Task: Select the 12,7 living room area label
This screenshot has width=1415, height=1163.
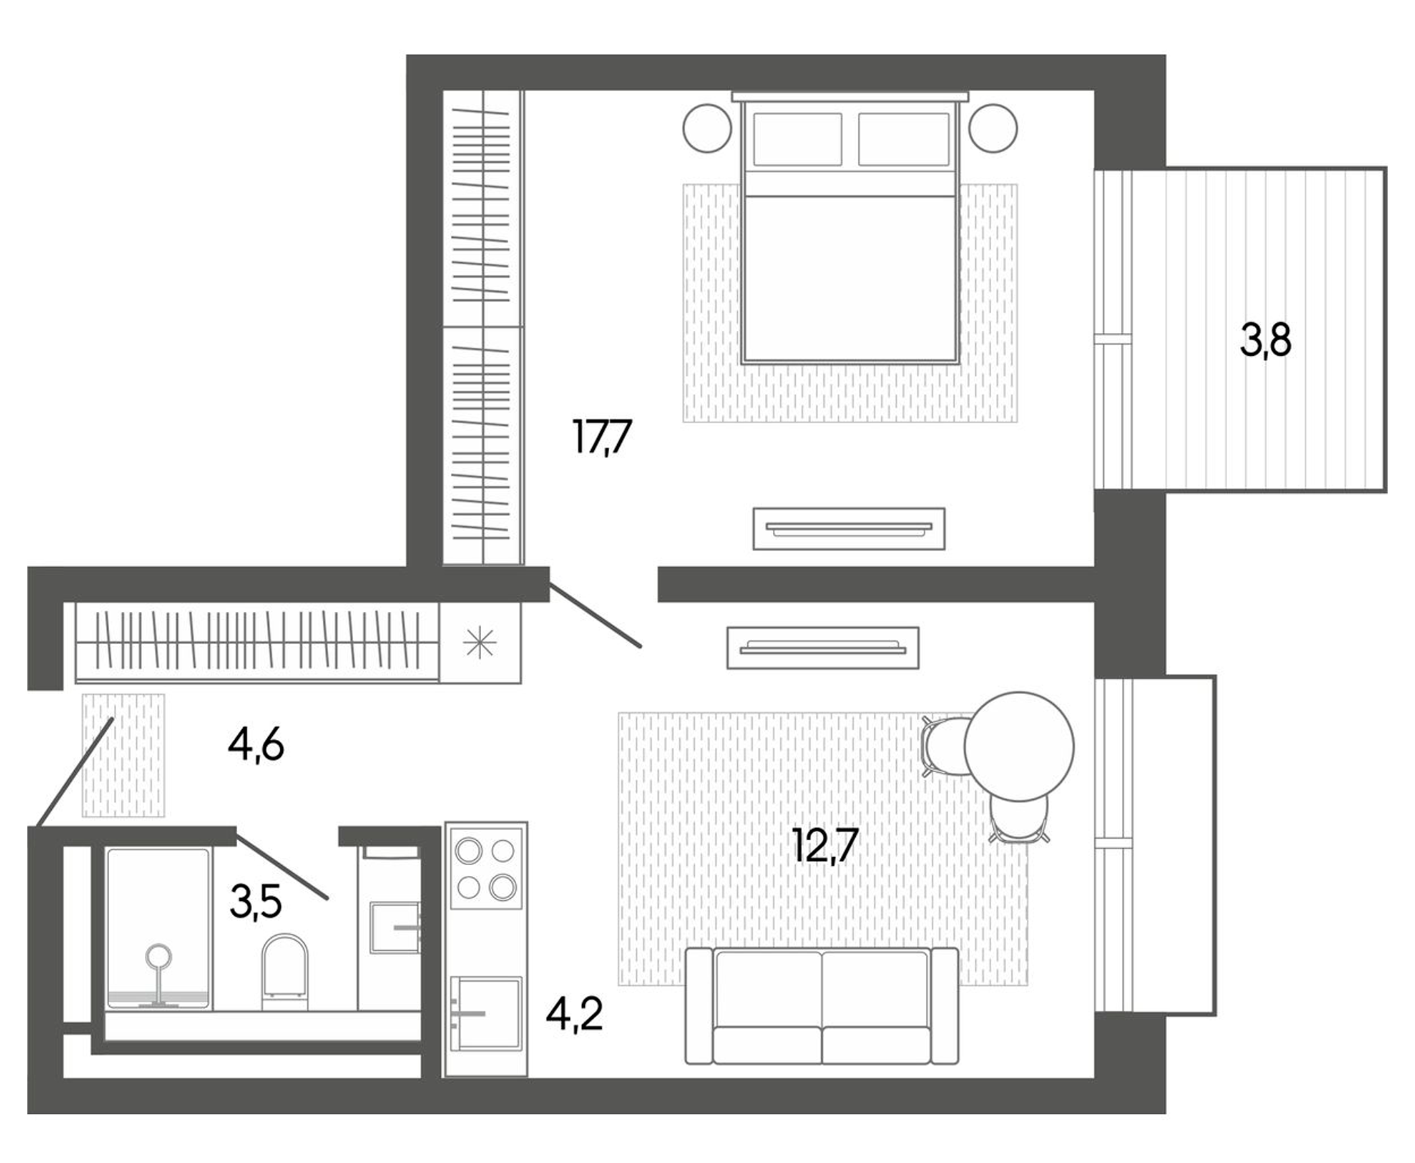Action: pyautogui.click(x=825, y=845)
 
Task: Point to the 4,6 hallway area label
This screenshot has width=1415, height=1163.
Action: pyautogui.click(x=255, y=745)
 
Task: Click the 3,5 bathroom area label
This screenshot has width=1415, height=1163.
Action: pyautogui.click(x=255, y=902)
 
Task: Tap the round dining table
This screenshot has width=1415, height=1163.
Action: pyautogui.click(x=1019, y=746)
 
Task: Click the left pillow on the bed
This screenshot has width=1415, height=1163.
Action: pyautogui.click(x=797, y=139)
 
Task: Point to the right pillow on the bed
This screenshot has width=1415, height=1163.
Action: pyautogui.click(x=904, y=139)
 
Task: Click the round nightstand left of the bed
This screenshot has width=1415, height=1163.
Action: pyautogui.click(x=707, y=128)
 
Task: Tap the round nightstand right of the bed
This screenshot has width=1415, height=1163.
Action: pyautogui.click(x=993, y=128)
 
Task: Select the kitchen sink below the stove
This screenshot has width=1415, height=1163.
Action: pyautogui.click(x=486, y=1013)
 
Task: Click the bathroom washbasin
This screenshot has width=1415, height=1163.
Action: pyautogui.click(x=395, y=927)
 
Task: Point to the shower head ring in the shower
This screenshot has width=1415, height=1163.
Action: pyautogui.click(x=159, y=955)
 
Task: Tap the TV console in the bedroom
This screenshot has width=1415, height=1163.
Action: pyautogui.click(x=848, y=529)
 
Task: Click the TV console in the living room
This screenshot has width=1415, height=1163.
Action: pyautogui.click(x=823, y=648)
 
